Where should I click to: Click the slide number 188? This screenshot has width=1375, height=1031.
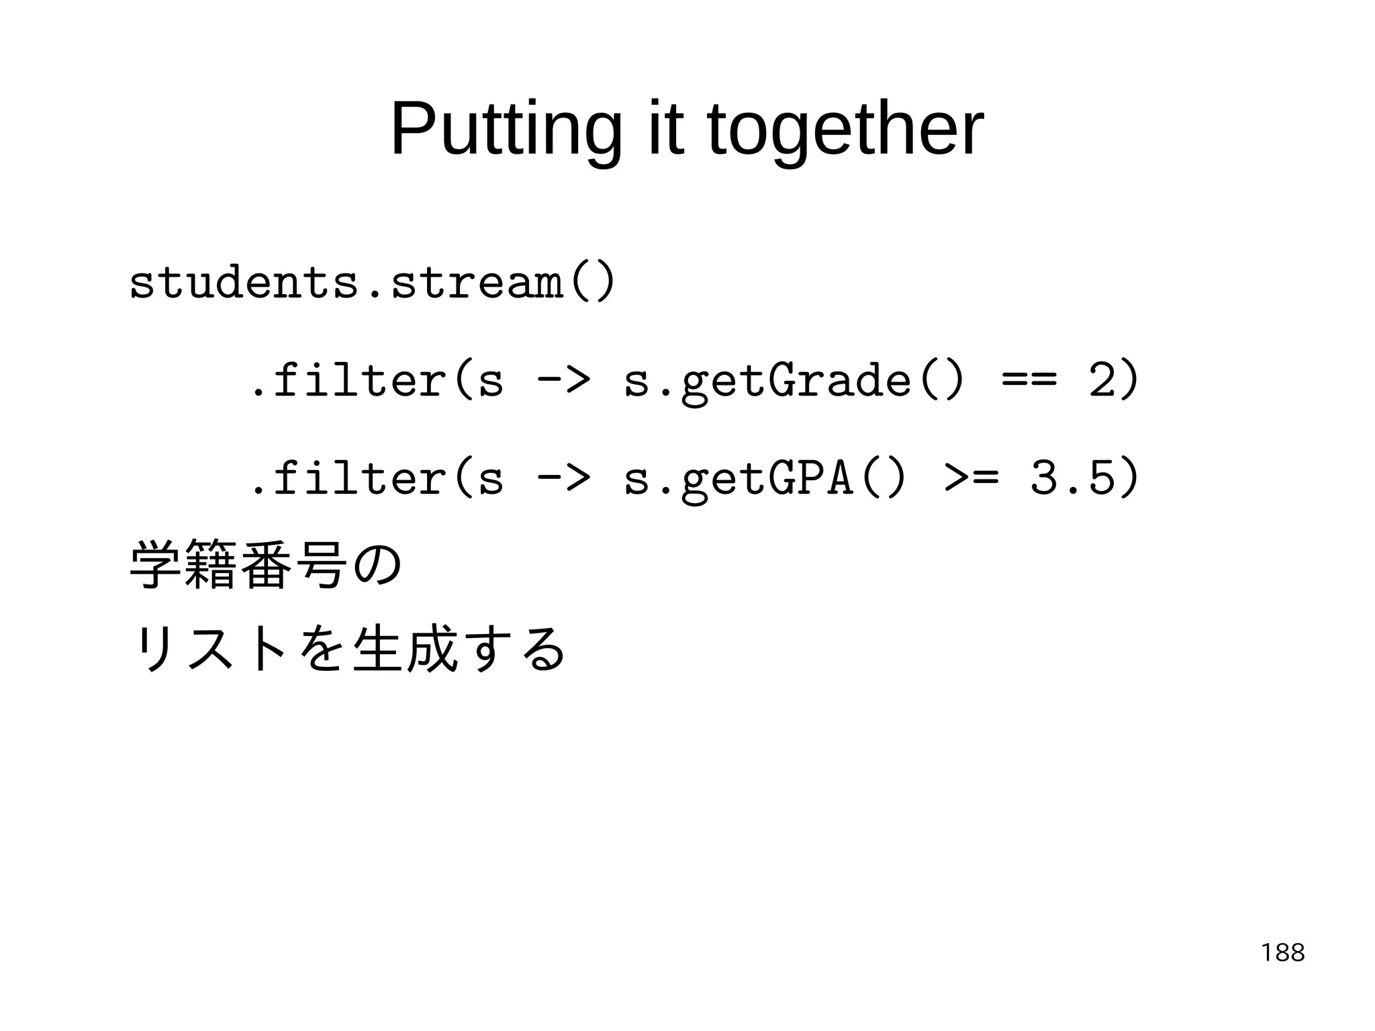click(1282, 952)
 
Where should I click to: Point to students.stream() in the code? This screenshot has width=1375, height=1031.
click(371, 283)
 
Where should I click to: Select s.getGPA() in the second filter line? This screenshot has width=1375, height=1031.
click(765, 479)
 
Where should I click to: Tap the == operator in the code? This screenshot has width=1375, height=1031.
click(1029, 380)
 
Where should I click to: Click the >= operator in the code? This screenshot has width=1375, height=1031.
click(971, 478)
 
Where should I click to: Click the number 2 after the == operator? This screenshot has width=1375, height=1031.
click(1101, 380)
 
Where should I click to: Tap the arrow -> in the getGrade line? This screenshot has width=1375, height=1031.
click(563, 380)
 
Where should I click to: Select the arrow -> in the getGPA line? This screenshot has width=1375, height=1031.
click(563, 478)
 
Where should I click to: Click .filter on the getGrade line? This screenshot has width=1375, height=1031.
click(347, 380)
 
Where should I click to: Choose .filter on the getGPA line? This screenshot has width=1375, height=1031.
click(347, 478)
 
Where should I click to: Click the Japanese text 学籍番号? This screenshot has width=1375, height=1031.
click(238, 564)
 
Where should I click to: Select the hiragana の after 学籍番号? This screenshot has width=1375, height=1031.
click(377, 564)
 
